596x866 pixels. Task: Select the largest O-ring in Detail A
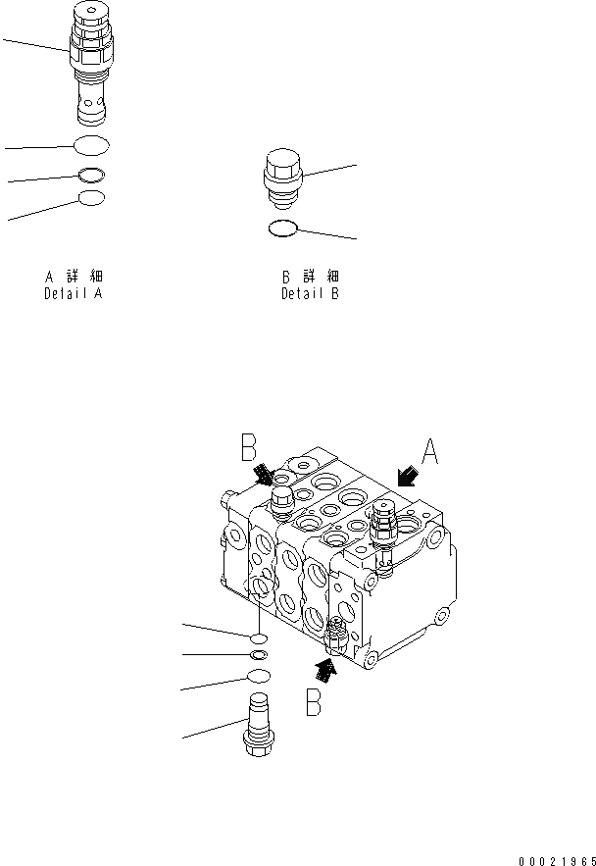(x=91, y=146)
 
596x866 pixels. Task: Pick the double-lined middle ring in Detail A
(x=91, y=177)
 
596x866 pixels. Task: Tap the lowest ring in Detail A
(x=91, y=199)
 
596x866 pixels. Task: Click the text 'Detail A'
(x=74, y=293)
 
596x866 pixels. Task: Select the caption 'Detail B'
(x=310, y=293)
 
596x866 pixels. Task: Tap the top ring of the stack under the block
(x=257, y=637)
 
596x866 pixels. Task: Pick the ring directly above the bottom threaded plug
(x=258, y=676)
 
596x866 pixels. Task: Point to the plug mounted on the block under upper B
(x=282, y=503)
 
